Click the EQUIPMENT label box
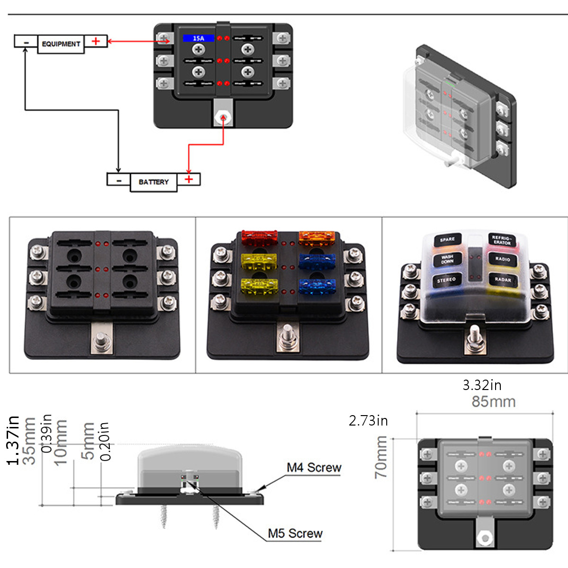[61, 44]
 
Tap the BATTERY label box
[153, 182]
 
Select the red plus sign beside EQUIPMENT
[96, 41]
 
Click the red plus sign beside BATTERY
[189, 179]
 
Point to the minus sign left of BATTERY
[118, 180]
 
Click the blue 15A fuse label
[199, 38]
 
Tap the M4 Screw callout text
[314, 468]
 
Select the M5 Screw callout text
[295, 533]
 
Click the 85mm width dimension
[493, 402]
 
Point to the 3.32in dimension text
[482, 385]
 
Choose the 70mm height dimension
[382, 457]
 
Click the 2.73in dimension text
[368, 421]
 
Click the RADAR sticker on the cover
[503, 279]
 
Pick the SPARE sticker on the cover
[447, 240]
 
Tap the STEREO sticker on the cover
[446, 280]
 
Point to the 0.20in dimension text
[105, 441]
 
